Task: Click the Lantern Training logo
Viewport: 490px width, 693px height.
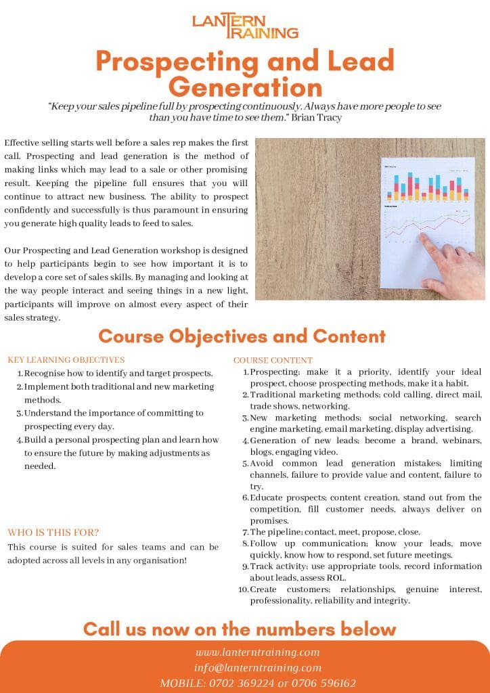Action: [245, 25]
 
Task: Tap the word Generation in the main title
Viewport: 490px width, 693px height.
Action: [245, 87]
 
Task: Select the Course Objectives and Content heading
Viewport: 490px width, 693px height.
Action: [242, 336]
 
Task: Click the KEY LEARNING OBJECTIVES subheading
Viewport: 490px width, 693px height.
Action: [66, 360]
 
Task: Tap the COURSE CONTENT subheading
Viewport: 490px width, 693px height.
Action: [273, 360]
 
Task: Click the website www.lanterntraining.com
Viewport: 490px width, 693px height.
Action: [257, 652]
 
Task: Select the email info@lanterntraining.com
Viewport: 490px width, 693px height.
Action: [257, 668]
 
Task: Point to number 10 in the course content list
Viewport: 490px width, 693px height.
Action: [243, 589]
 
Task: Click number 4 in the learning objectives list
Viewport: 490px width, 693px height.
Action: [20, 440]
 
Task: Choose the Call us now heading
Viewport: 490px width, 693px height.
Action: [239, 629]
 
